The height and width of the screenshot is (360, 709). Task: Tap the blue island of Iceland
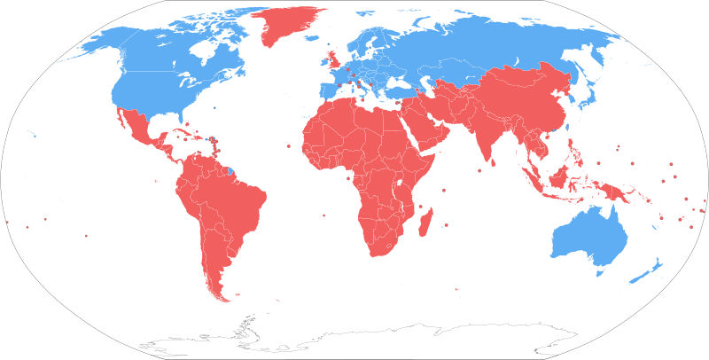(x=329, y=44)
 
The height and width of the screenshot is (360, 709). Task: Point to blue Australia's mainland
(x=589, y=235)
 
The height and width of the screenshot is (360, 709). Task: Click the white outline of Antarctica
(x=354, y=341)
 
